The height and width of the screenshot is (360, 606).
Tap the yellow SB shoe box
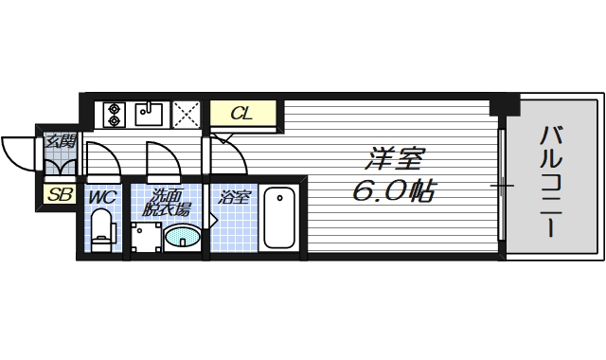pos(59,196)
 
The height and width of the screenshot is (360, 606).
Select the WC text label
pos(102,198)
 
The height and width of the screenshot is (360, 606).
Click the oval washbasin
pos(183,237)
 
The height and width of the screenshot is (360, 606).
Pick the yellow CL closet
pos(243,114)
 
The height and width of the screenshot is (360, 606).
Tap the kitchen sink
pos(151,114)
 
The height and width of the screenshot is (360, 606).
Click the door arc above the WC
pos(102,156)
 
